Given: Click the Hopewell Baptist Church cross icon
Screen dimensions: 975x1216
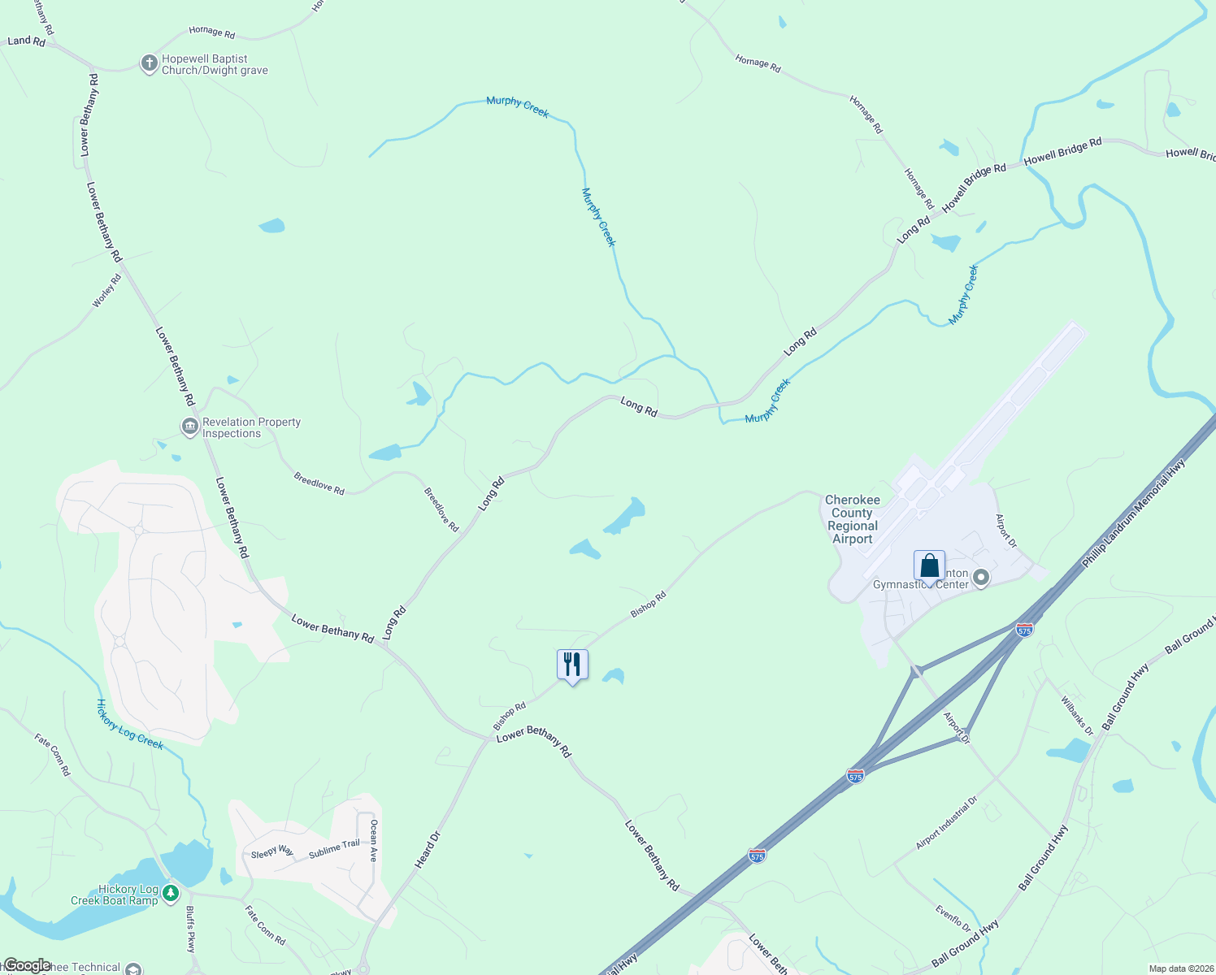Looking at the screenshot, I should point(149,63).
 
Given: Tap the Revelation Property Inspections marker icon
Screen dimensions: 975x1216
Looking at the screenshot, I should point(189,427).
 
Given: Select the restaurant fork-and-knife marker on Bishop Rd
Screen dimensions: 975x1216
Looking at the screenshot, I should point(572,665).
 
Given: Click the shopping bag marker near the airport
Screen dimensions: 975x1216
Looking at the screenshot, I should point(929,566).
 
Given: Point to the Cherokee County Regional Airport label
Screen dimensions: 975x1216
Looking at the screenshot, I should point(852,519).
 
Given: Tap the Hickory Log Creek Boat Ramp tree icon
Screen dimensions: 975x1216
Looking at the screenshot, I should point(170,894).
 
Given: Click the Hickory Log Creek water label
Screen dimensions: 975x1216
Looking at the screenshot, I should point(130,724).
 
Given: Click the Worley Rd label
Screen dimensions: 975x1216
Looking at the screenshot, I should point(106,291).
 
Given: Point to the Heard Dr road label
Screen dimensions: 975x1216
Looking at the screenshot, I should point(428,850).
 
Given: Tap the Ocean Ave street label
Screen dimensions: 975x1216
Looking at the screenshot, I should point(374,840).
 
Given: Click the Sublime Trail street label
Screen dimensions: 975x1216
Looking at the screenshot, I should point(334,849).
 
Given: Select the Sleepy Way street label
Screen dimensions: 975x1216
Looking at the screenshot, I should point(271,851).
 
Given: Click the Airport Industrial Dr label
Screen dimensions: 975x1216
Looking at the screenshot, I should point(946,823).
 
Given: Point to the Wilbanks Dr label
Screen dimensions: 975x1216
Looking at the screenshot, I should point(1077,715).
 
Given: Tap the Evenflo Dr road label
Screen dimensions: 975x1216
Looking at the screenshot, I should point(953,918).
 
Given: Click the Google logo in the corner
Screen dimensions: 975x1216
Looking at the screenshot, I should point(27,965).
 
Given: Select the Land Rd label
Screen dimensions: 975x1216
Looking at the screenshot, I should point(27,41).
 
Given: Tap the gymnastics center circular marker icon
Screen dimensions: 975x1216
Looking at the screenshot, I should point(981,578).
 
